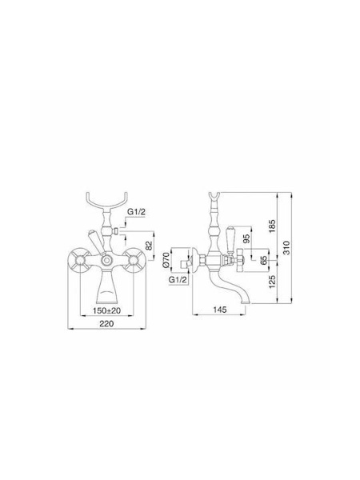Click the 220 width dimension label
pyautogui.click(x=106, y=323)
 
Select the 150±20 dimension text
pyautogui.click(x=106, y=310)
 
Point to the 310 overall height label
pyautogui.click(x=286, y=248)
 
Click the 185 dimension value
pyautogui.click(x=272, y=226)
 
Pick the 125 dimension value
pyautogui.click(x=272, y=282)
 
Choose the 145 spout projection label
pyautogui.click(x=219, y=310)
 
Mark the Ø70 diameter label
pyautogui.click(x=166, y=260)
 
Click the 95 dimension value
pyautogui.click(x=246, y=238)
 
